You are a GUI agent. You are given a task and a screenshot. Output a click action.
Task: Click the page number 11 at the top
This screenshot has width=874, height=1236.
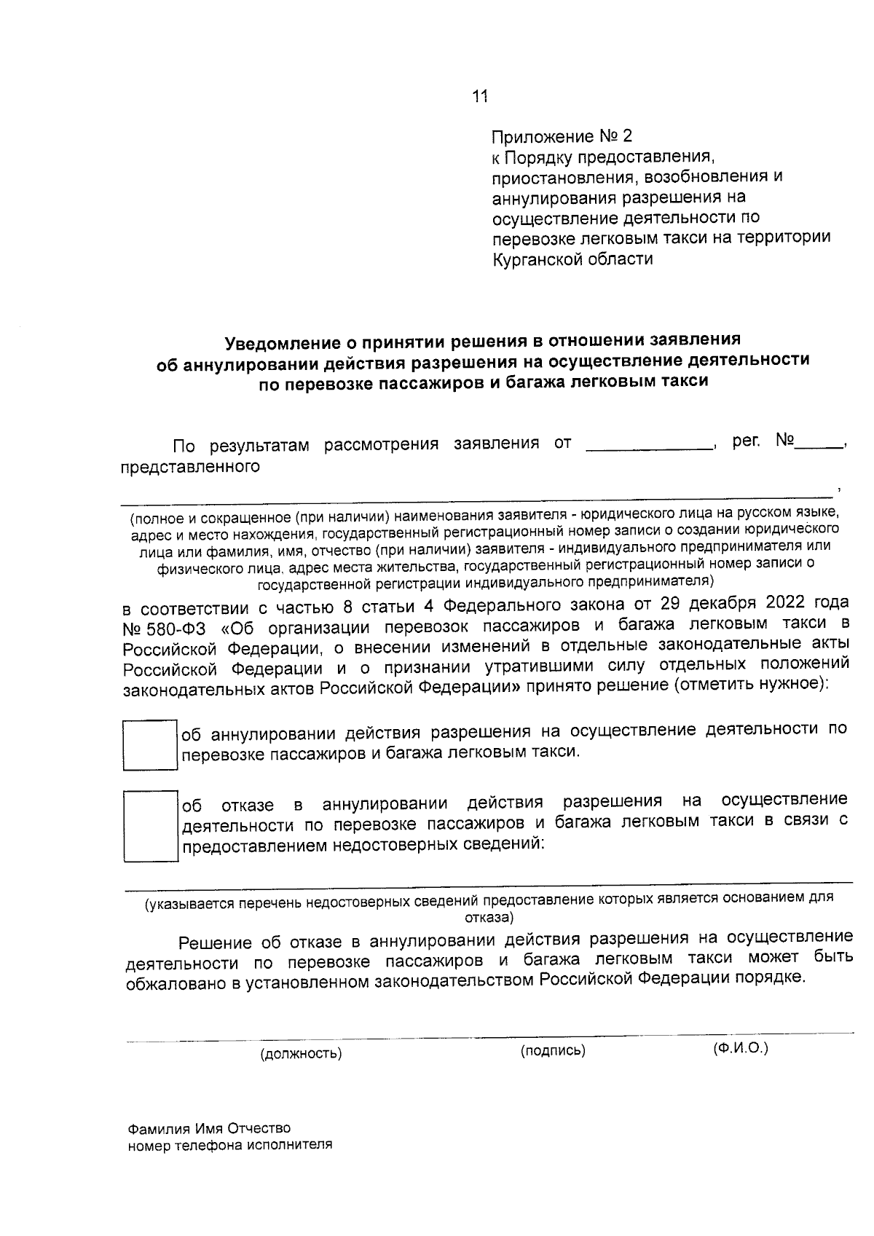pyautogui.click(x=479, y=96)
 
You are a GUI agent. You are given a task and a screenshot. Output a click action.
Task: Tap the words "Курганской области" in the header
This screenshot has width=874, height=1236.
pyautogui.click(x=572, y=259)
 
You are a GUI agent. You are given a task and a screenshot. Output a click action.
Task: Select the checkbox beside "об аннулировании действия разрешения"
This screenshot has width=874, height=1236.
pyautogui.click(x=149, y=745)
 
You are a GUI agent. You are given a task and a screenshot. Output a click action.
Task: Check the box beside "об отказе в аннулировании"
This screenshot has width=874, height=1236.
pyautogui.click(x=150, y=826)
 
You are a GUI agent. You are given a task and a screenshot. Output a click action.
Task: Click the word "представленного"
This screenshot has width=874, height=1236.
pyautogui.click(x=190, y=466)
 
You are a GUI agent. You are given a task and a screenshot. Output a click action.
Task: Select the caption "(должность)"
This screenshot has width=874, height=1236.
pyautogui.click(x=301, y=1053)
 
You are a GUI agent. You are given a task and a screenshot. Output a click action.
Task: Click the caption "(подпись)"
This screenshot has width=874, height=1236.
pyautogui.click(x=553, y=1050)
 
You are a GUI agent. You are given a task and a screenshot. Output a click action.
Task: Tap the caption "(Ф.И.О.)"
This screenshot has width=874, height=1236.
pyautogui.click(x=740, y=1048)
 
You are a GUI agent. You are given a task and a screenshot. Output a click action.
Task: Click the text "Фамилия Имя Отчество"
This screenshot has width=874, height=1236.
pyautogui.click(x=209, y=1129)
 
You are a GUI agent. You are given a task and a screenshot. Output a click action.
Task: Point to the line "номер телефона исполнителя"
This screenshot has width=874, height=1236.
pyautogui.click(x=230, y=1144)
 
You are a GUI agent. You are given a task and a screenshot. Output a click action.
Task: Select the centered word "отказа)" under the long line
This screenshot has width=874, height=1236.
pyautogui.click(x=489, y=916)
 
